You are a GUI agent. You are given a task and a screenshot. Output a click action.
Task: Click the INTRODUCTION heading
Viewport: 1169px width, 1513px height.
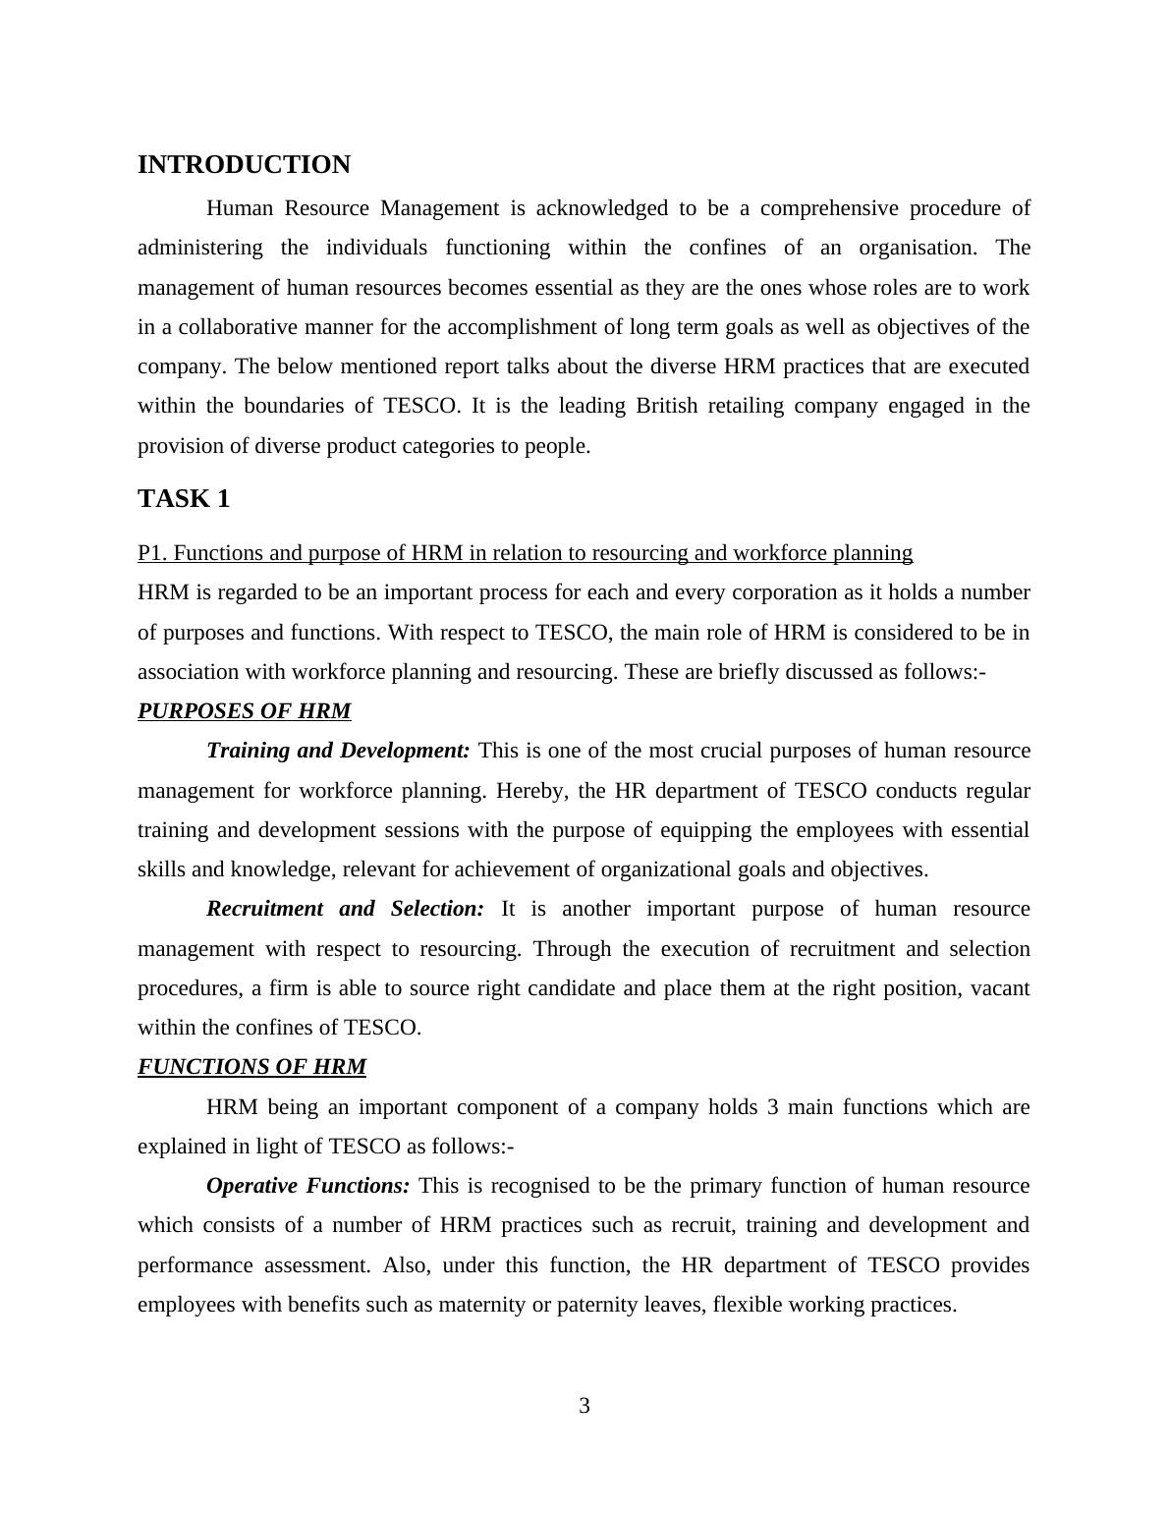[x=244, y=165]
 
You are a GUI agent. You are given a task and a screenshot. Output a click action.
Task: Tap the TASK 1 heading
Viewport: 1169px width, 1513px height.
[x=184, y=499]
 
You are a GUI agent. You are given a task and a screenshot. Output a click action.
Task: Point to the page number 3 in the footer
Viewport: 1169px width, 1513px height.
[x=584, y=1406]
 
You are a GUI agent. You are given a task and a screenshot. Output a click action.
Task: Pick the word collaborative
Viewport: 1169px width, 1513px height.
[x=241, y=327]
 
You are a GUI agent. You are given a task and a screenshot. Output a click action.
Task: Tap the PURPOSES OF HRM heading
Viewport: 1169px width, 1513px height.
[x=244, y=711]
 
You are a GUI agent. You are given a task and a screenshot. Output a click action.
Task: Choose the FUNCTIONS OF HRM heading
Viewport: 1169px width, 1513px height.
[x=251, y=1067]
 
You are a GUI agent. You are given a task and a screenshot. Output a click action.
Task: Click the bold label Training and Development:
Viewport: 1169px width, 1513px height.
[x=338, y=752]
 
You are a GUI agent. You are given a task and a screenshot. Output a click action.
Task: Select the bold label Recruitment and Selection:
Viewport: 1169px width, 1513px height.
[x=345, y=909]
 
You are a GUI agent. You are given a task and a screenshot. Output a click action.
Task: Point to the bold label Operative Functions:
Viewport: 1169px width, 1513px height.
[x=307, y=1186]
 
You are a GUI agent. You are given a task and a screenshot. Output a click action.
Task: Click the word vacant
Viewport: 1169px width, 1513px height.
[x=1000, y=988]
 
